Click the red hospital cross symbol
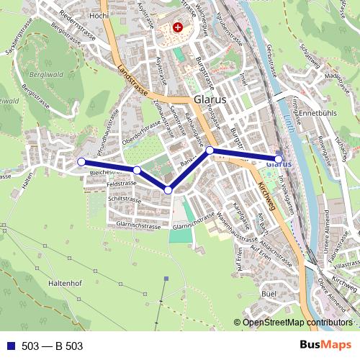178,27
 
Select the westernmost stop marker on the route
81,162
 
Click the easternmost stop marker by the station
279,159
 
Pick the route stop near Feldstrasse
136,170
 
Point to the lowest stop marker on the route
168,190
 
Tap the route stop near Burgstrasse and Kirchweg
210,150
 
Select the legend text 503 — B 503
53,346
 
